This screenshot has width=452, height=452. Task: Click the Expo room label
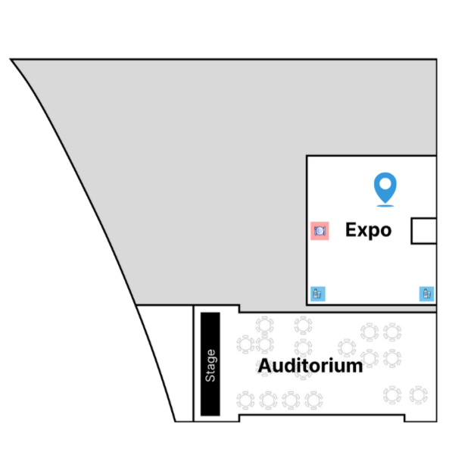(x=369, y=230)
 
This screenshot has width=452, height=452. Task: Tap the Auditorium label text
(x=310, y=366)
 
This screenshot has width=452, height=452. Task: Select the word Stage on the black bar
(x=210, y=366)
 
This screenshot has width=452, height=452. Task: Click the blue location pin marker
(x=385, y=189)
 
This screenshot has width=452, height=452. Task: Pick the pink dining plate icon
(x=320, y=231)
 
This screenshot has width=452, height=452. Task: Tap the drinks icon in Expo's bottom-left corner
(x=318, y=294)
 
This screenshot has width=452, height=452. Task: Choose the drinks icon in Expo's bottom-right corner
(x=426, y=294)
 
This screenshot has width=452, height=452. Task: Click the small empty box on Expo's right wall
(x=424, y=231)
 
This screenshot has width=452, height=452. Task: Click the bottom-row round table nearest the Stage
(x=245, y=401)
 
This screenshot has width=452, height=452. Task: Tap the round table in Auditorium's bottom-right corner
(x=419, y=395)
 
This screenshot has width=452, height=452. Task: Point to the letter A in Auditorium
(x=265, y=366)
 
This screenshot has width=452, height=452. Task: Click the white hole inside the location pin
(x=385, y=183)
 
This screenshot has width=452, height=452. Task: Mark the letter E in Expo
(x=351, y=229)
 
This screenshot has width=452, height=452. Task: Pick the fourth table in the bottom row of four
(x=313, y=401)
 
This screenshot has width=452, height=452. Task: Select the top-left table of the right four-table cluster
(x=369, y=332)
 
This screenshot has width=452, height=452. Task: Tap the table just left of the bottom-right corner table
(x=392, y=395)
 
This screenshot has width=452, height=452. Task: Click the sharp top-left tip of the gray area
(x=11, y=59)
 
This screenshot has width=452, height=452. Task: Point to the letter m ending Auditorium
(x=356, y=368)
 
